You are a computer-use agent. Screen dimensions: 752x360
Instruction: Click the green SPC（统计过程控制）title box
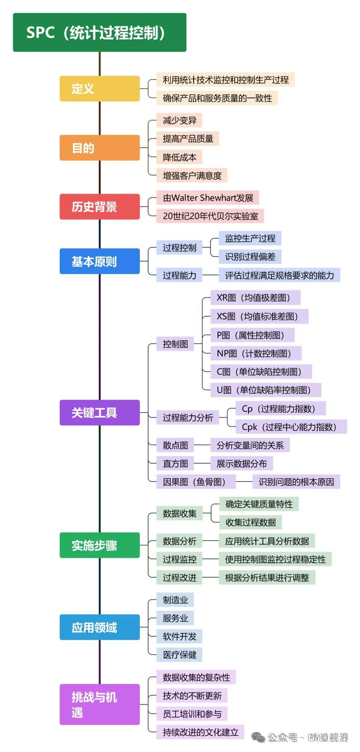[99, 32]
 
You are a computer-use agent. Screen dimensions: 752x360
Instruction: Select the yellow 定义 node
[99, 88]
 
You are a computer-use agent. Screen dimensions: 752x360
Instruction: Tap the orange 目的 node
[99, 147]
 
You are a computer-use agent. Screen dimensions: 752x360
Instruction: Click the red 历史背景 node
[99, 206]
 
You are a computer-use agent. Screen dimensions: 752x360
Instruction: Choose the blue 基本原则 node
[99, 261]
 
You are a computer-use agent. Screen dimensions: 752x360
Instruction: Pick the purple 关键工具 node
[99, 413]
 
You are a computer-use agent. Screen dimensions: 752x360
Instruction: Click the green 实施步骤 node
[99, 545]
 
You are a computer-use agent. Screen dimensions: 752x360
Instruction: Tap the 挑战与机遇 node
[99, 704]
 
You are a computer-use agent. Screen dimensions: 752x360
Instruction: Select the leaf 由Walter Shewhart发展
[208, 198]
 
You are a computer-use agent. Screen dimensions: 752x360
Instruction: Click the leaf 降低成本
[179, 157]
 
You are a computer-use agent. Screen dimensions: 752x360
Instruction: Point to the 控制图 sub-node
[175, 344]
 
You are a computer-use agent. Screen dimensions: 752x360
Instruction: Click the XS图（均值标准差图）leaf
[259, 316]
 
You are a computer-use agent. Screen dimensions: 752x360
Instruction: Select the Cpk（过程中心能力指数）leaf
[291, 427]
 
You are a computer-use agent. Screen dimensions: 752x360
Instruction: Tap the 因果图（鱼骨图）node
[196, 482]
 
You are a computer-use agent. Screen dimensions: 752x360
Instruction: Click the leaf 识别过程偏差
[250, 256]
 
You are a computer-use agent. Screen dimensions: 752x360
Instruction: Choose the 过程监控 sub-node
[179, 559]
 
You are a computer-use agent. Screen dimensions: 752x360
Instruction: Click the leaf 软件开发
[179, 636]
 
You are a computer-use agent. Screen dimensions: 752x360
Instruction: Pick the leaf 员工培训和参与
[192, 714]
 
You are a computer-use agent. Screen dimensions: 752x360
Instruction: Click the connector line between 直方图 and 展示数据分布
[202, 463]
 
